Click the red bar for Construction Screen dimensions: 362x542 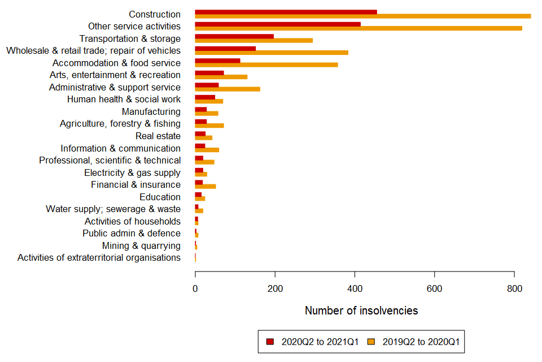coord(286,12)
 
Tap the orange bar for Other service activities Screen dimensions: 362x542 coord(358,28)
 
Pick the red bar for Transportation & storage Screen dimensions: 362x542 coord(234,36)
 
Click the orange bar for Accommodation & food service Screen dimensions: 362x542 coord(266,65)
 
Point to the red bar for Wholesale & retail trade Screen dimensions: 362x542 coord(225,49)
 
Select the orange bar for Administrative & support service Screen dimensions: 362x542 coord(228,89)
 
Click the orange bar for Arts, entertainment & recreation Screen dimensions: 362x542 coord(221,77)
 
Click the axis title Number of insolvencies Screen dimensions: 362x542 coord(361,311)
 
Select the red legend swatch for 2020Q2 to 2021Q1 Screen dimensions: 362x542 coord(270,342)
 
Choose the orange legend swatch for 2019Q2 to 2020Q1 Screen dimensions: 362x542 coord(371,342)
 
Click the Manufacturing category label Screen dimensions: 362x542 coord(151,112)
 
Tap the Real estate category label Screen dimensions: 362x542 coord(158,136)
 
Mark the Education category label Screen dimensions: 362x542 coord(160,197)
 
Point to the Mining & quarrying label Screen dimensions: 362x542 coord(141,246)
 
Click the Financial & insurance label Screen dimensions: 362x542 coord(135,185)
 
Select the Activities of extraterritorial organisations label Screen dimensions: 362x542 coord(99,258)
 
